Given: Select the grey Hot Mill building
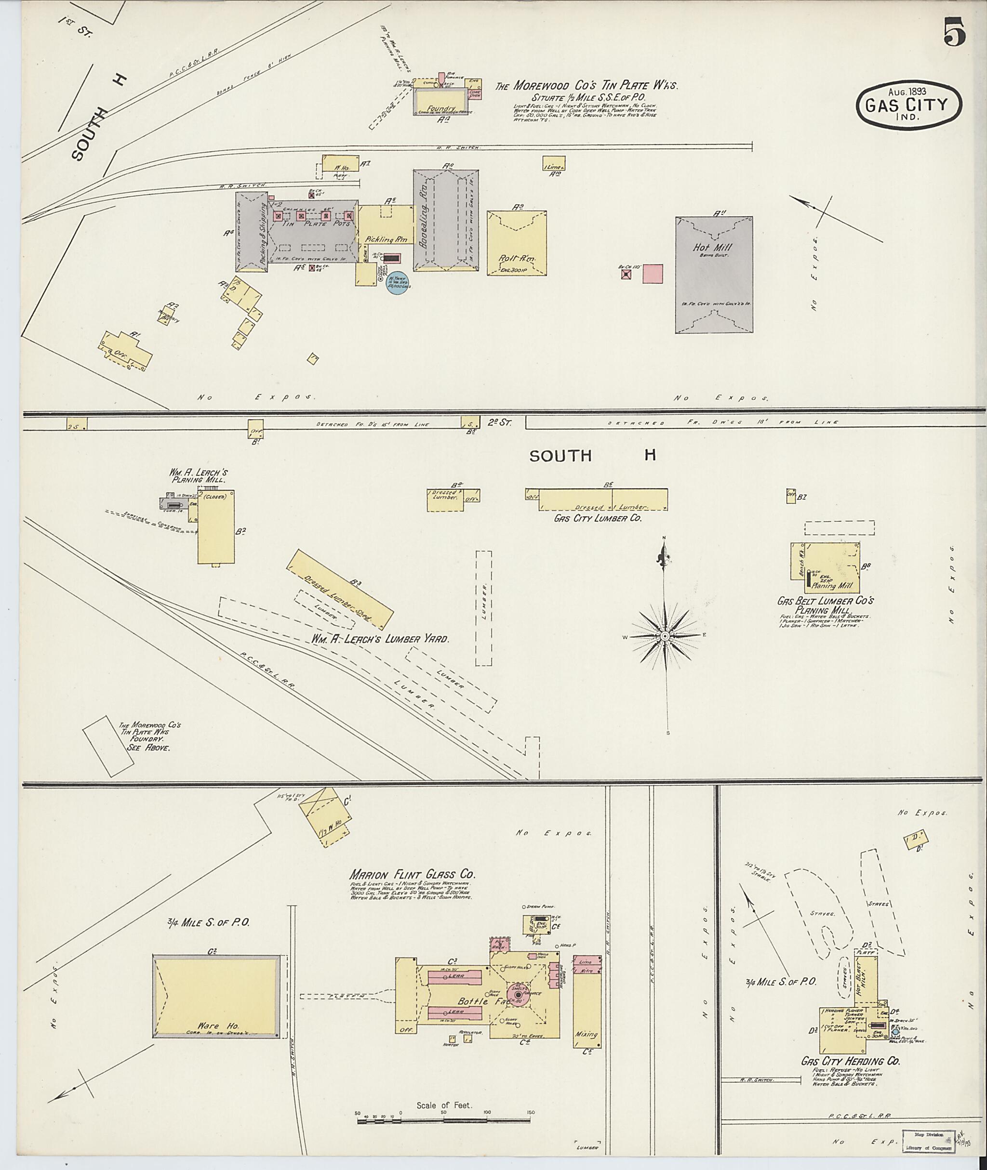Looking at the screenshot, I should coord(714,275).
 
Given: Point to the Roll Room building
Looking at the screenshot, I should coord(517,243).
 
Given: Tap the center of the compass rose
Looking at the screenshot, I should coord(665,636).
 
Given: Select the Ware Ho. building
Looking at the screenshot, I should coord(216,997).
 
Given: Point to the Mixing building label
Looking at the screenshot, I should coord(587,1034).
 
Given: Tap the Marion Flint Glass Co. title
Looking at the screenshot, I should coord(413,874).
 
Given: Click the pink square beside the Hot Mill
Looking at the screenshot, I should coord(653,274).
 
